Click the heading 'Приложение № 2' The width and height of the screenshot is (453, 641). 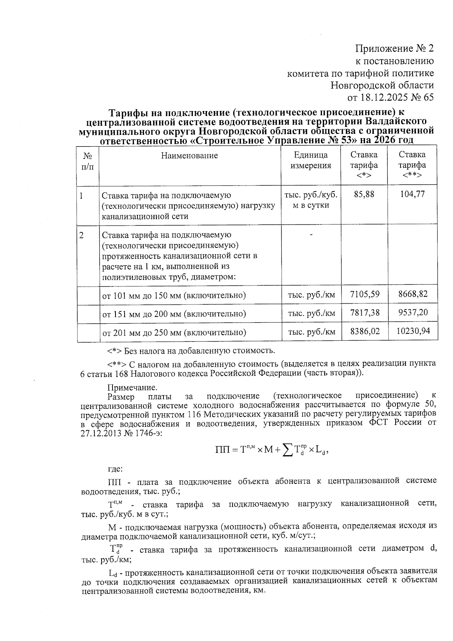(394, 48)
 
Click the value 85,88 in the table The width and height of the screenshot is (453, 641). (364, 194)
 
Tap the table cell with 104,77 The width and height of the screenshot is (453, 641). (412, 194)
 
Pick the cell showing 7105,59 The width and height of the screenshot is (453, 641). (365, 294)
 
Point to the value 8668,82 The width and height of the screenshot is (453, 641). (413, 294)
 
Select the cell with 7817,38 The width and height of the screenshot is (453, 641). (365, 312)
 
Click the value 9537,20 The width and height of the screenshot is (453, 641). (413, 312)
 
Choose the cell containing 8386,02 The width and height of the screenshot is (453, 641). (365, 331)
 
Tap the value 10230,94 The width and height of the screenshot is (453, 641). (413, 331)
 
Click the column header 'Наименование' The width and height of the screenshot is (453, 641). (190, 155)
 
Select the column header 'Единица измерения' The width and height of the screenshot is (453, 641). (311, 160)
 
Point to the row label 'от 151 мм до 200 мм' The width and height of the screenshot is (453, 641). (174, 314)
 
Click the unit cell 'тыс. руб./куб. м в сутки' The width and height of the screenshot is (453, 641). (311, 200)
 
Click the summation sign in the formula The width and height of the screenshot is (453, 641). (288, 449)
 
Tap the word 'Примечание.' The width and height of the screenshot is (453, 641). (132, 388)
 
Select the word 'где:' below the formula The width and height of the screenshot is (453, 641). (115, 469)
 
